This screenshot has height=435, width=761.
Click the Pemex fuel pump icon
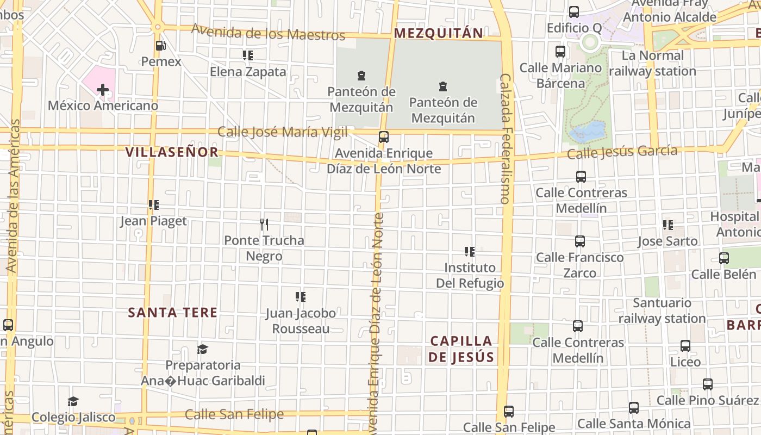point(160,46)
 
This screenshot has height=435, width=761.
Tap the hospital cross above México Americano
point(102,89)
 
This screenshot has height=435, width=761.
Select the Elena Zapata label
point(248,72)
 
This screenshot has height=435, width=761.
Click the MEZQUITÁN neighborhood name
point(438,33)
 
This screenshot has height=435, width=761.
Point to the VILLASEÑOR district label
point(172,152)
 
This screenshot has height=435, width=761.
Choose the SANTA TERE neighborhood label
point(173,313)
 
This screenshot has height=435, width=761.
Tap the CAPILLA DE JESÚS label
point(461,349)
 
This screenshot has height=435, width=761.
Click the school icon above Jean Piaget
point(154,205)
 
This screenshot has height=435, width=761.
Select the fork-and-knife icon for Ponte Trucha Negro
point(264,224)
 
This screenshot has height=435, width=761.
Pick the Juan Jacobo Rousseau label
point(301,321)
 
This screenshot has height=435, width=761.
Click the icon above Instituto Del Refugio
point(470,252)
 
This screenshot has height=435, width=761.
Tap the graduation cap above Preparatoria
point(203,349)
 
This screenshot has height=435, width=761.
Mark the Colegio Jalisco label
point(73,418)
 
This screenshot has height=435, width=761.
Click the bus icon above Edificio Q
point(574,11)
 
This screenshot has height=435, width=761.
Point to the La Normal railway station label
point(652,64)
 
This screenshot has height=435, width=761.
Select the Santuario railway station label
point(662,310)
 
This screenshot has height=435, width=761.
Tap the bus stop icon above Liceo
point(685,346)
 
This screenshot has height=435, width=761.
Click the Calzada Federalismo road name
point(506,139)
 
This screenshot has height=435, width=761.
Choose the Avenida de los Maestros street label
point(269,33)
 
